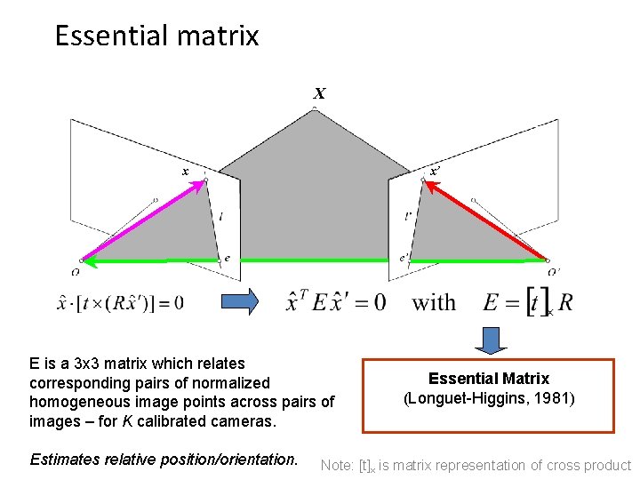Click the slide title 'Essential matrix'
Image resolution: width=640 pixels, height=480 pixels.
[156, 36]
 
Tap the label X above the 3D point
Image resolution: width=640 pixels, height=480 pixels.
[319, 93]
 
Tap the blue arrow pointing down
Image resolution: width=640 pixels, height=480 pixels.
[488, 340]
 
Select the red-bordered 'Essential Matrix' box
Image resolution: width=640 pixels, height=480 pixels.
[488, 395]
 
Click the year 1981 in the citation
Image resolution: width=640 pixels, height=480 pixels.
[556, 398]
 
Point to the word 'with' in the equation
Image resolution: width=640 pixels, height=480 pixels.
[434, 302]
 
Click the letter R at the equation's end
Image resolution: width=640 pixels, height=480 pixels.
[564, 302]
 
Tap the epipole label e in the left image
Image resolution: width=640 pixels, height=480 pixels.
[228, 259]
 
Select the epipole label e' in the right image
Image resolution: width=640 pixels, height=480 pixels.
[404, 259]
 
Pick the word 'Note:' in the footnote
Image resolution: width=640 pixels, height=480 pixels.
[337, 465]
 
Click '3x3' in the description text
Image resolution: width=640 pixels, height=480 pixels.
[93, 364]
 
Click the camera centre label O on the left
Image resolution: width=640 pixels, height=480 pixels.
[76, 272]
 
